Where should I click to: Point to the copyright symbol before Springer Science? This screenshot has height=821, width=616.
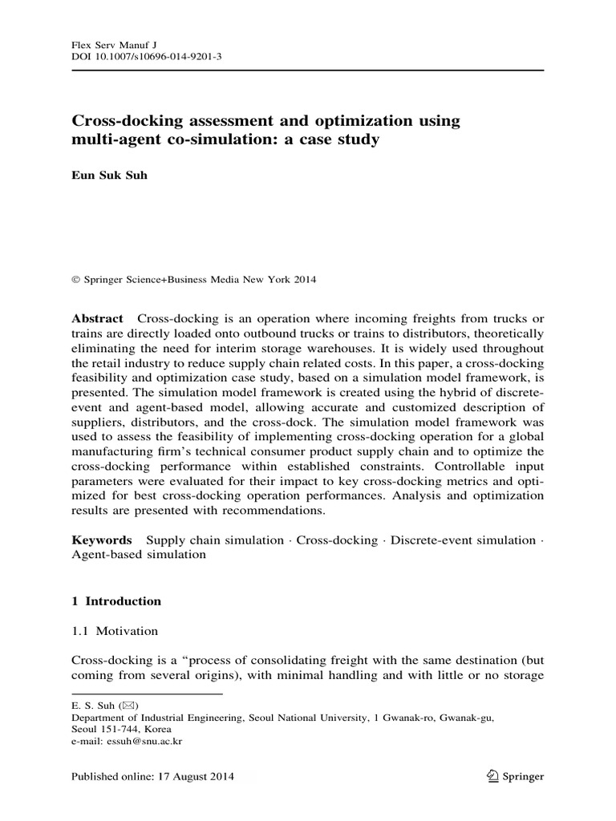pos(76,280)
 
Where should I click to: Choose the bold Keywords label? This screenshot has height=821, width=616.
pos(100,540)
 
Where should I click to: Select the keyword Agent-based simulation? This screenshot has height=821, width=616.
pos(133,555)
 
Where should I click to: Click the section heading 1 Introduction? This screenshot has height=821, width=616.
pos(116,601)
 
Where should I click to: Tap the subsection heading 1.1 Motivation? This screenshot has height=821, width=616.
pos(115,631)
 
